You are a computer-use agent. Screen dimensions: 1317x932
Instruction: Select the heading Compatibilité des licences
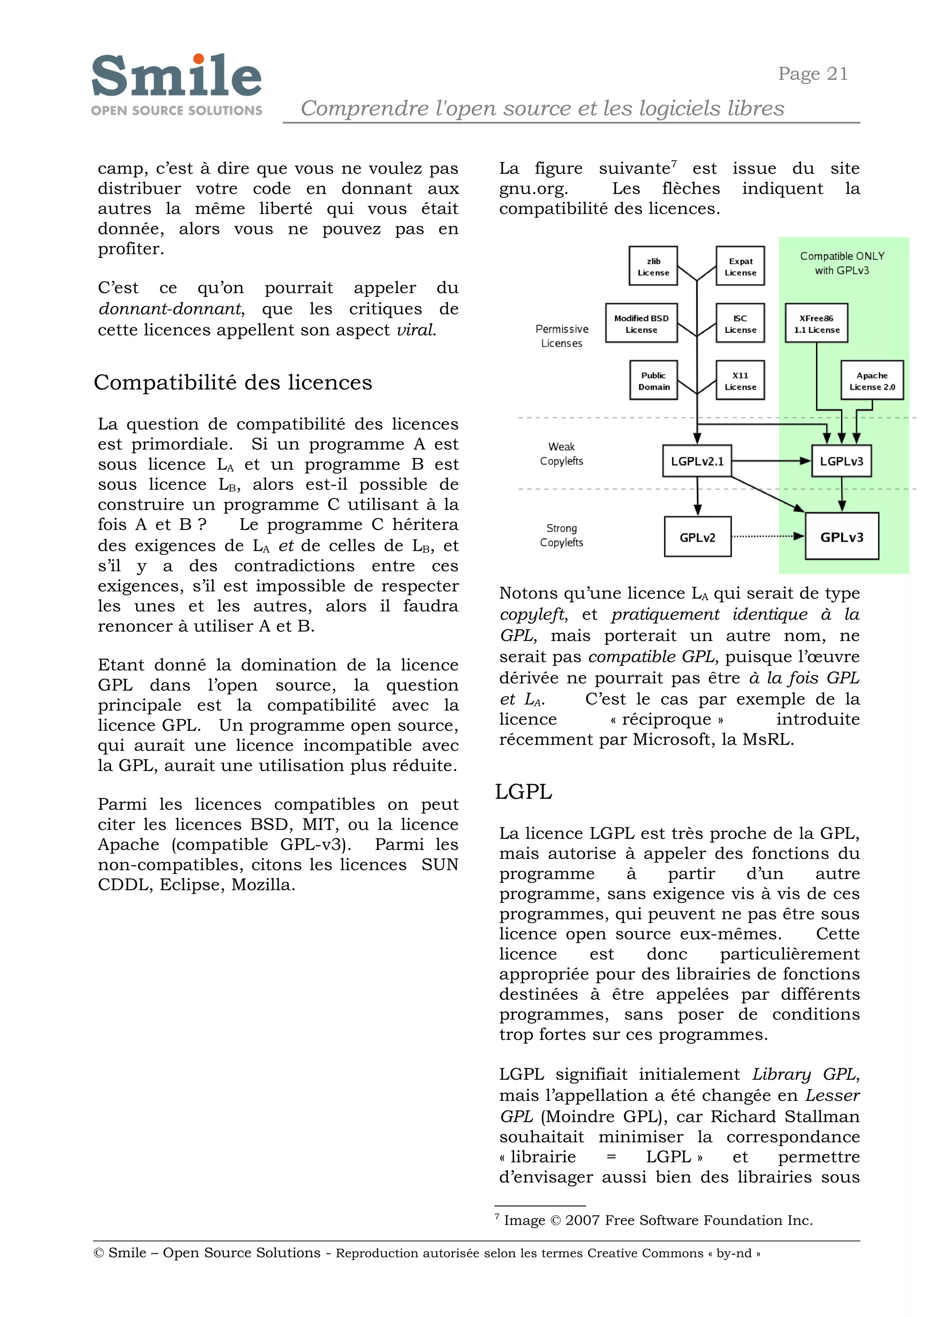(x=233, y=382)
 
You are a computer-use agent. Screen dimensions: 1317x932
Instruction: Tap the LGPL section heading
(x=523, y=792)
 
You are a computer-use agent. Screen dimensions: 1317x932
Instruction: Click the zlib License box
(x=653, y=266)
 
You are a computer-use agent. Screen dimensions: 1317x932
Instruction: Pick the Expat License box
(x=740, y=266)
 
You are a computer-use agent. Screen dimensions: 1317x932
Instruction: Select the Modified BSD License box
(x=641, y=323)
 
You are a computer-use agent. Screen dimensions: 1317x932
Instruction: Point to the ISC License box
(x=740, y=323)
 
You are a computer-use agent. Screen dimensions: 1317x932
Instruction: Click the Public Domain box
(x=653, y=380)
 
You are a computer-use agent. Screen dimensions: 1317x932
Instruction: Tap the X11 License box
(x=740, y=380)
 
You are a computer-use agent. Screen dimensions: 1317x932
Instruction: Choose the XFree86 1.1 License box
(x=816, y=323)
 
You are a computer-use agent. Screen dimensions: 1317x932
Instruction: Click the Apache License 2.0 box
(x=872, y=380)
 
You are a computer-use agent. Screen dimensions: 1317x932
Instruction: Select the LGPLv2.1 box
(x=697, y=461)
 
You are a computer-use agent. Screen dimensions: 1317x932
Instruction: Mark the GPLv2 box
(x=697, y=537)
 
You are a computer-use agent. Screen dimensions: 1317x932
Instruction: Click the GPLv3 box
(x=841, y=536)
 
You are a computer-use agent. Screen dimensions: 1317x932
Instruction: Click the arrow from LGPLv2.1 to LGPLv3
(x=769, y=460)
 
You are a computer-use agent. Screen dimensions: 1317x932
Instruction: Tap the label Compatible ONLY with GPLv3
(x=842, y=263)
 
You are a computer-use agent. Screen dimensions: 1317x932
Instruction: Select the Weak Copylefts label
(x=561, y=453)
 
